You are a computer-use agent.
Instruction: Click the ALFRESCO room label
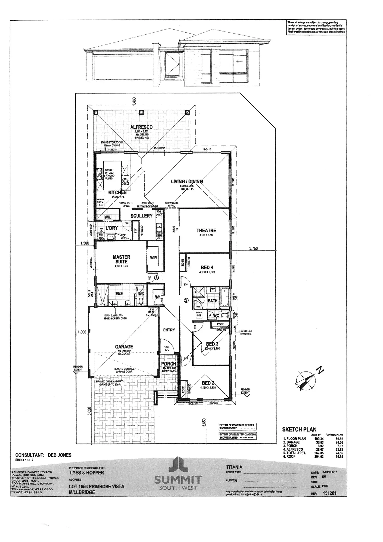coord(141,127)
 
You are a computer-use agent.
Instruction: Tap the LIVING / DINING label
coord(187,181)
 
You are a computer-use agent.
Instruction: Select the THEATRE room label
coord(206,230)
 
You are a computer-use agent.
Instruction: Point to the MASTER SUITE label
coord(121,259)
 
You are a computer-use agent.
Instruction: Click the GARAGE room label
coord(124,346)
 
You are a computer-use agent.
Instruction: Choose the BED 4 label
coord(207,267)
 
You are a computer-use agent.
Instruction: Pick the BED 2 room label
coord(208,383)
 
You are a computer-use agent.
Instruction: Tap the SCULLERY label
coord(141,216)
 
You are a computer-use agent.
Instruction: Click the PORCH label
coord(169,364)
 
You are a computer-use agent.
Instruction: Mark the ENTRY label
coord(169,330)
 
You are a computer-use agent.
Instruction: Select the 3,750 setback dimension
coord(253,248)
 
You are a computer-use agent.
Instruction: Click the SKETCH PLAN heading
coord(299,430)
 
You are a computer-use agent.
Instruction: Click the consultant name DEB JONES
coord(59,455)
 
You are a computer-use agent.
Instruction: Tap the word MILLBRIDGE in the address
coord(82,492)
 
